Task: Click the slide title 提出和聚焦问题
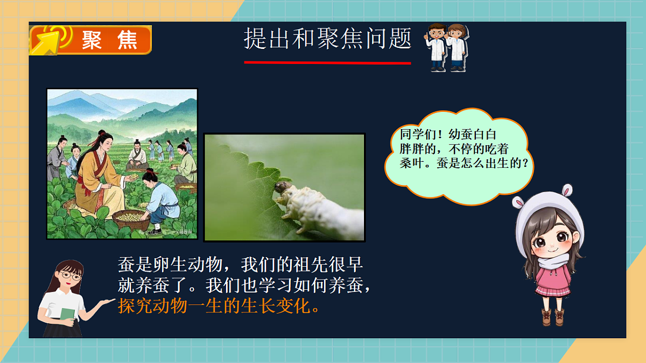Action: click(x=327, y=39)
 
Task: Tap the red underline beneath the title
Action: click(x=327, y=63)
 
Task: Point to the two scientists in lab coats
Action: click(x=447, y=47)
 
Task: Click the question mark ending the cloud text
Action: click(x=530, y=163)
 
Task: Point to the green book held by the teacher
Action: click(x=67, y=314)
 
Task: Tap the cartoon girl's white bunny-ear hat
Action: click(x=544, y=210)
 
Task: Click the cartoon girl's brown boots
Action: click(x=553, y=317)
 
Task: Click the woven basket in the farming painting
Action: click(x=131, y=219)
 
